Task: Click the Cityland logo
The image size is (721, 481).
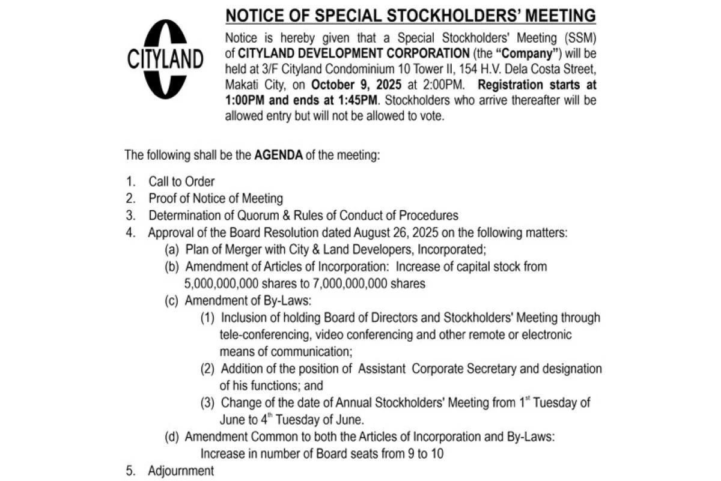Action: point(165,59)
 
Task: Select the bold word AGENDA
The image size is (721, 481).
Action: point(278,155)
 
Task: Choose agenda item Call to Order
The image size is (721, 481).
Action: point(181,181)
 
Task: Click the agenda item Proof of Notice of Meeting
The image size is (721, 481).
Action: point(216,198)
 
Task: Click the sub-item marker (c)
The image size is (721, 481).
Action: point(172,300)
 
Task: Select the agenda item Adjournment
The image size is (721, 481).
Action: point(181,471)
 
